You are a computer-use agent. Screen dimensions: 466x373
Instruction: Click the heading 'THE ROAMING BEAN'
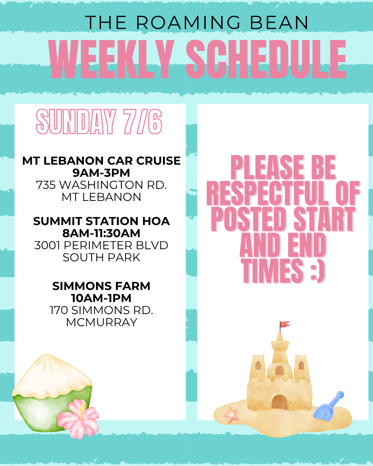(x=197, y=23)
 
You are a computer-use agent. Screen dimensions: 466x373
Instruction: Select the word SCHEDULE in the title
(x=266, y=59)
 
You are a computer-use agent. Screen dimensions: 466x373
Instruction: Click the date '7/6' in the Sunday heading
(x=143, y=122)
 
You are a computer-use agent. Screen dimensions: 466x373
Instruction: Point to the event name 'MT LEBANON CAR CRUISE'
(x=101, y=161)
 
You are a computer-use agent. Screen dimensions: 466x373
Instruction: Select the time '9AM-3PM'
(x=101, y=173)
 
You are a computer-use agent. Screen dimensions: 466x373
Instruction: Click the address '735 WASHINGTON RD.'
(x=101, y=185)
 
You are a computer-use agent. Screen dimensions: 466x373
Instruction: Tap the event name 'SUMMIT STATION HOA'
(x=101, y=221)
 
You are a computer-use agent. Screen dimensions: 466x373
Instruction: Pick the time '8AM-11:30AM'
(x=101, y=233)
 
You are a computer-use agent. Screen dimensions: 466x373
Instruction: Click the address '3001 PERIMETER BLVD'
(x=101, y=245)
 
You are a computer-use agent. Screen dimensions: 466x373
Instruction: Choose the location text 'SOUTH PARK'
(x=101, y=258)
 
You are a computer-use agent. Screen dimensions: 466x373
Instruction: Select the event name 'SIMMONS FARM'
(x=101, y=286)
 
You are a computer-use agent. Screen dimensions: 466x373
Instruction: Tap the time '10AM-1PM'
(x=101, y=298)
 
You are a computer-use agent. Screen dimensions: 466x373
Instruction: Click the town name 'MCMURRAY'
(x=101, y=322)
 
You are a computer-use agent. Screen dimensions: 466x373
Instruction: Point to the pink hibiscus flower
(x=78, y=418)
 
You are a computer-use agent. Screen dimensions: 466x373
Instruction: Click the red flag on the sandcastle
(x=285, y=324)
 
